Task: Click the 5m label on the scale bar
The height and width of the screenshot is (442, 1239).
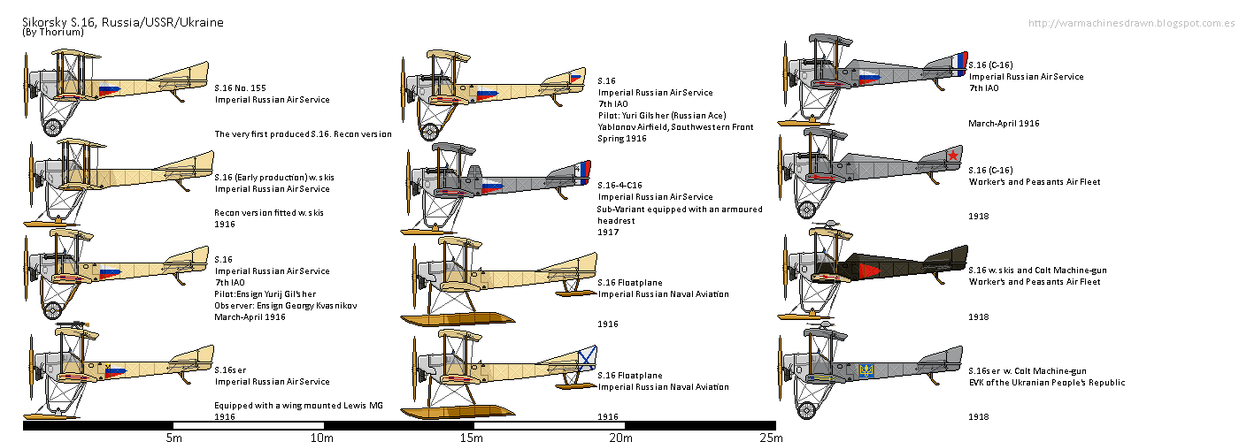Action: coord(173,437)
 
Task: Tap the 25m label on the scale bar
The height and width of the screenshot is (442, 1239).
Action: coord(771,437)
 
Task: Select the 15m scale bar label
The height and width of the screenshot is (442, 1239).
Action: coord(471,437)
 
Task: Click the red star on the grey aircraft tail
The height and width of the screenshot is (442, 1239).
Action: coord(953,156)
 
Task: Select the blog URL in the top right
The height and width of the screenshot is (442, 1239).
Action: coord(1132,22)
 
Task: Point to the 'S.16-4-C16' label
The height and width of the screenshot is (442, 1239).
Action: coord(627,185)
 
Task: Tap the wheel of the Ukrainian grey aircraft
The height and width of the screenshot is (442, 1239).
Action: coord(805,410)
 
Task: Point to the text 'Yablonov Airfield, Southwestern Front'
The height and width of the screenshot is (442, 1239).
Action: coord(675,127)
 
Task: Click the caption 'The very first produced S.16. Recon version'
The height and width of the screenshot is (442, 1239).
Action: coord(303,134)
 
